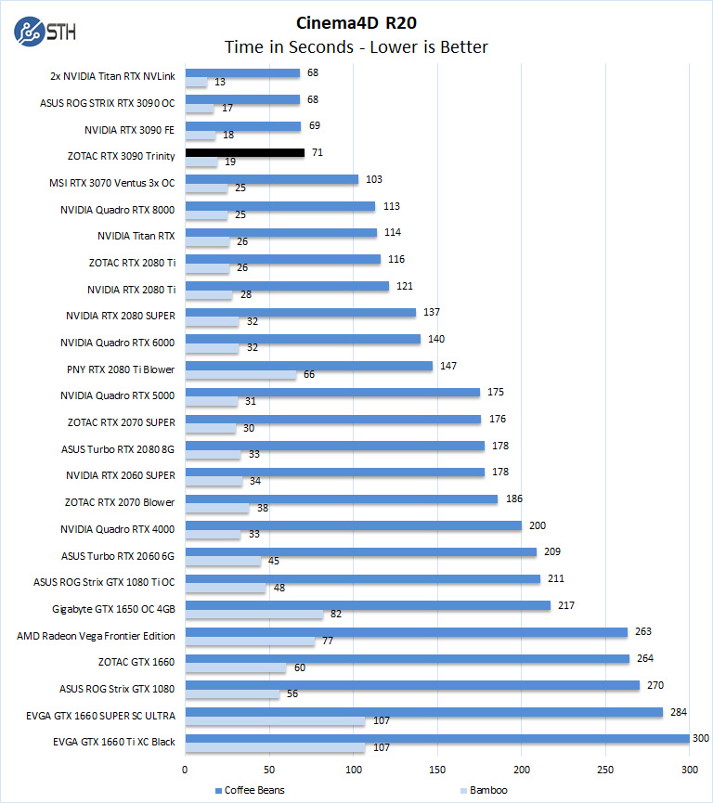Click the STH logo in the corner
[45, 31]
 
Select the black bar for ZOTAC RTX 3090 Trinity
[245, 152]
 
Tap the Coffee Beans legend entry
[253, 791]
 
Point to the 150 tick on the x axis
[437, 770]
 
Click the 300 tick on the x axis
[690, 770]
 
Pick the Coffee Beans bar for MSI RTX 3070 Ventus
[272, 179]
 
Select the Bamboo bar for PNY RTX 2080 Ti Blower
[241, 375]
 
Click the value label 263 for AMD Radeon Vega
[642, 631]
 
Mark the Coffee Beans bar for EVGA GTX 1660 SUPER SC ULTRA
[424, 713]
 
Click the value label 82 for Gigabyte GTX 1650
[336, 615]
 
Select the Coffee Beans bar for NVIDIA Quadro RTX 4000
[354, 525]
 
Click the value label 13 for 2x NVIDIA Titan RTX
[219, 82]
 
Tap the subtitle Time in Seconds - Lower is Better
[356, 46]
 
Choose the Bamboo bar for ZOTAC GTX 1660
[236, 668]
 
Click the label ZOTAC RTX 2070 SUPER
[121, 423]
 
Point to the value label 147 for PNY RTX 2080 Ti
[447, 367]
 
